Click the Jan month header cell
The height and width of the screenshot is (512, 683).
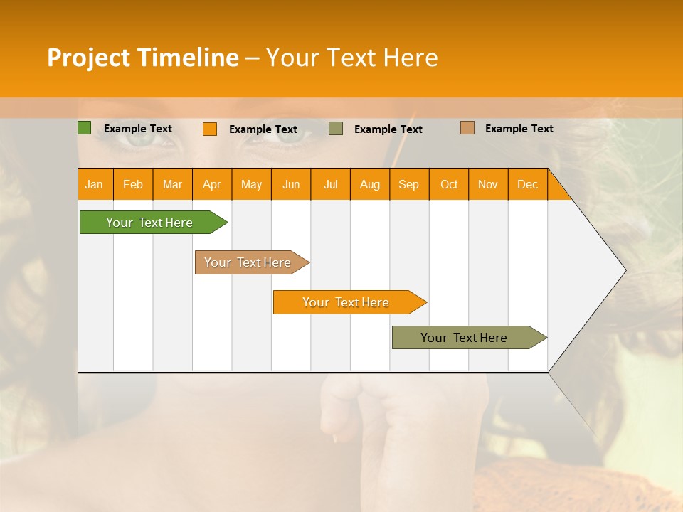pos(95,184)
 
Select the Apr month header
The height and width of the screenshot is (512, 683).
pos(212,184)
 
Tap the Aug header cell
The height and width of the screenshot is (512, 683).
pos(370,184)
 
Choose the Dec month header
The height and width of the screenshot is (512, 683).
pos(527,184)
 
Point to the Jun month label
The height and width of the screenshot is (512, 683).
pos(291,184)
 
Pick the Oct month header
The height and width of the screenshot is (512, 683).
pos(449,184)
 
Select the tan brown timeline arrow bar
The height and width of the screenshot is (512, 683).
pos(249,262)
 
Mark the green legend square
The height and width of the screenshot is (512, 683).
pos(84,128)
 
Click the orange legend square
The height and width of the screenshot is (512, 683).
pos(210,129)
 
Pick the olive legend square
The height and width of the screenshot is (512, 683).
pos(336,128)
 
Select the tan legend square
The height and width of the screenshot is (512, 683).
pos(467,128)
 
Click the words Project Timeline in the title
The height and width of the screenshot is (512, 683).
pos(142,58)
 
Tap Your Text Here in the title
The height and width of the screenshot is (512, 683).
pos(351,58)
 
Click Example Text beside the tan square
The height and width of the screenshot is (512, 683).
pos(519,129)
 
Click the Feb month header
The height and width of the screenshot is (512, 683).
pos(133,184)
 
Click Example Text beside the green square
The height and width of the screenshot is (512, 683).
pos(138,129)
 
